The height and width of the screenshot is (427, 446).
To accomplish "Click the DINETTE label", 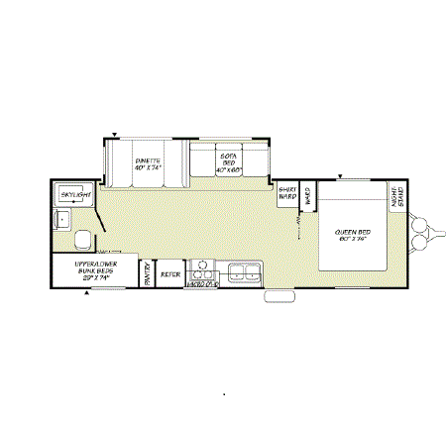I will [x=147, y=161].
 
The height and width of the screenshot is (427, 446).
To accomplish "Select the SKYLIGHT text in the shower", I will [x=74, y=196].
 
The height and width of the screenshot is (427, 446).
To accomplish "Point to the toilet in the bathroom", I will [x=81, y=239].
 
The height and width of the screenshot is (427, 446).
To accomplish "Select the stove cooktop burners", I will [x=202, y=268].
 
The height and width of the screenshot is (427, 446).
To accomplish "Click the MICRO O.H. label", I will [x=201, y=285].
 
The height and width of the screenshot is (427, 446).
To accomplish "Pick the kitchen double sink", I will [x=243, y=270].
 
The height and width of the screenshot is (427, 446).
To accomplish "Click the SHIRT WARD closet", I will [x=287, y=193].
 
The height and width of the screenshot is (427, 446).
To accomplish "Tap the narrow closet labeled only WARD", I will [x=307, y=194].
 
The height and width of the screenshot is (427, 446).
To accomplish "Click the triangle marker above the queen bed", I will [x=339, y=177].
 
